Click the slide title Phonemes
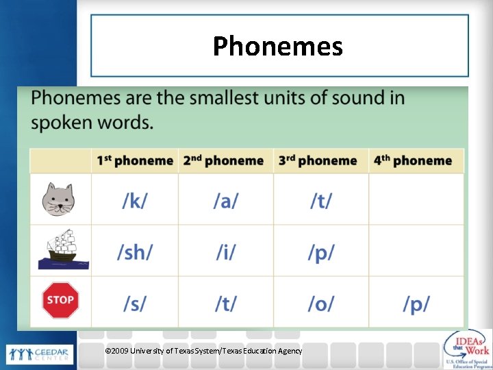277,47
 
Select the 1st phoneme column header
135,161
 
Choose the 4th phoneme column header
413,161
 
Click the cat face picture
58,199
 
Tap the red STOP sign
60,300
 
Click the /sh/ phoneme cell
134,252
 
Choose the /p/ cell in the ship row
320,252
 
